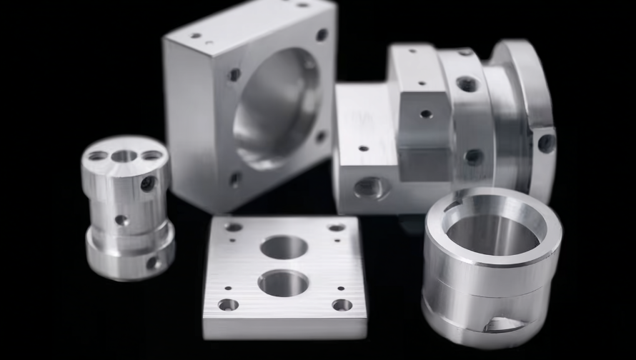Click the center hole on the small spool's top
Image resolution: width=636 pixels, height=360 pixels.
coord(124,156)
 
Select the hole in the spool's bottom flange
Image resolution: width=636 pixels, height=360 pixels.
coord(152,263)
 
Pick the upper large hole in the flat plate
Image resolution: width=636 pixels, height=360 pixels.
coord(284,247)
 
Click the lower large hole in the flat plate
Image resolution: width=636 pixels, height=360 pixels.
coord(283,283)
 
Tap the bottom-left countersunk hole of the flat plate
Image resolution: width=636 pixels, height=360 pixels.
coord(228,305)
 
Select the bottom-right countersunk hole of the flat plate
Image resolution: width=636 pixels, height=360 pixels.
coord(342,305)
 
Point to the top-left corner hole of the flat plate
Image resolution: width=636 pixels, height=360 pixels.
coord(234,227)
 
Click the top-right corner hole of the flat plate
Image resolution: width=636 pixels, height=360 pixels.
coord(337,228)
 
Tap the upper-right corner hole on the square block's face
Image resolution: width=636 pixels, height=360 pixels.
coord(322,35)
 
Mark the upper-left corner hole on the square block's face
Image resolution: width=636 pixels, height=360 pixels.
coord(234,74)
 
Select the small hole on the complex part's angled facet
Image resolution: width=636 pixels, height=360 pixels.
coord(426,114)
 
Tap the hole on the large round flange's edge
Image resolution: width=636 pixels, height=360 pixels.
coord(546,143)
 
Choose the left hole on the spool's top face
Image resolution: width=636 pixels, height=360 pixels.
coord(97,155)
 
